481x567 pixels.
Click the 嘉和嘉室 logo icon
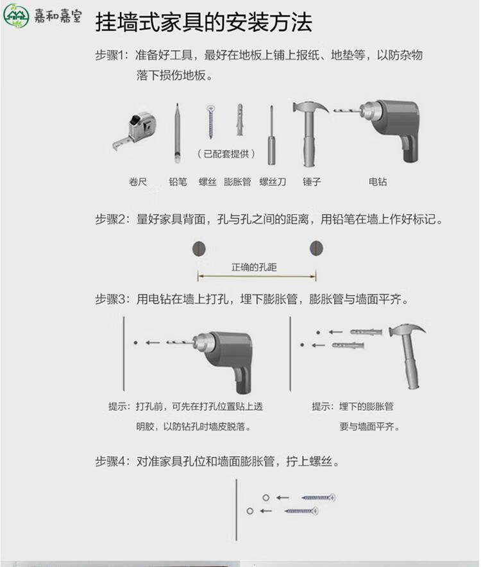[x=16, y=15]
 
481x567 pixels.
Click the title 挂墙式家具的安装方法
[x=203, y=22]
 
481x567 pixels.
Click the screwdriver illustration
[x=272, y=135]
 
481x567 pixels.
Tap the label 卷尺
[x=138, y=182]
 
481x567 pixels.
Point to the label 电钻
[x=378, y=182]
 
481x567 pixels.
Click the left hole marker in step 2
[x=199, y=248]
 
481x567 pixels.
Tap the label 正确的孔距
[x=254, y=267]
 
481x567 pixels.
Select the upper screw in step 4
[x=318, y=497]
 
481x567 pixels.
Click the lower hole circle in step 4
[x=249, y=511]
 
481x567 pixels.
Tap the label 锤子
[x=312, y=182]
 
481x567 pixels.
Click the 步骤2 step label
[x=112, y=219]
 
